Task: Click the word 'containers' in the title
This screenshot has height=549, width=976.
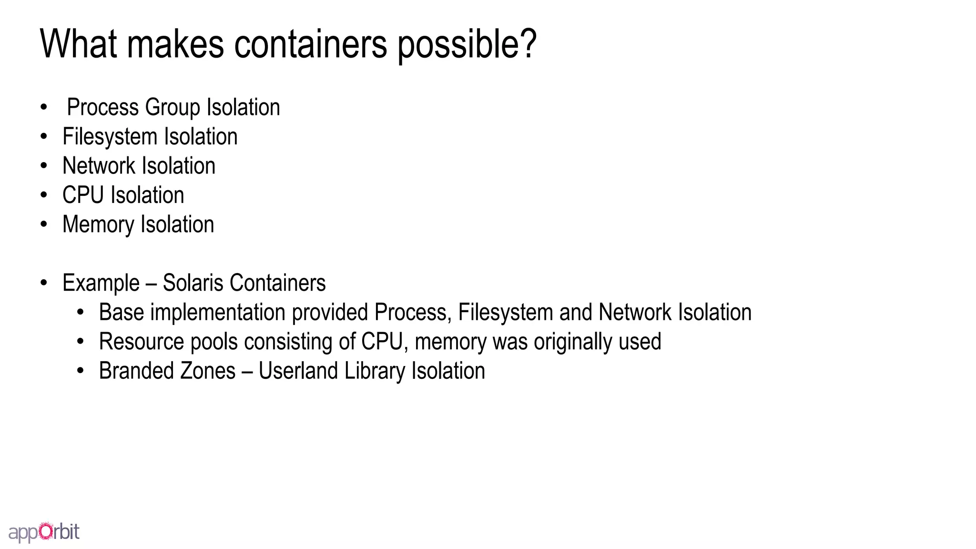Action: (310, 44)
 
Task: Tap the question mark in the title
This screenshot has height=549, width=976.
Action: (527, 43)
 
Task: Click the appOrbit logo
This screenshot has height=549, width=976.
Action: (44, 532)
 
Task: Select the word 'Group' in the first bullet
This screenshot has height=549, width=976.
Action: (173, 107)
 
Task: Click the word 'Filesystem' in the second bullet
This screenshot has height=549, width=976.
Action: (110, 137)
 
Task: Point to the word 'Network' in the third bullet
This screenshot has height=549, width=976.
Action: (99, 166)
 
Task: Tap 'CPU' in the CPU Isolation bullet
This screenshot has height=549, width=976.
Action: (83, 195)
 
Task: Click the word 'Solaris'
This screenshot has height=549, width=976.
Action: (193, 283)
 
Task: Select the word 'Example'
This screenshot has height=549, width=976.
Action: (101, 283)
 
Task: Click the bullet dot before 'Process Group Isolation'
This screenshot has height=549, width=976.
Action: (44, 107)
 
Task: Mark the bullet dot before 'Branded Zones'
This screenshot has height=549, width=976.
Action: (81, 371)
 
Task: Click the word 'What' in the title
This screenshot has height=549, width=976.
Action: (79, 44)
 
